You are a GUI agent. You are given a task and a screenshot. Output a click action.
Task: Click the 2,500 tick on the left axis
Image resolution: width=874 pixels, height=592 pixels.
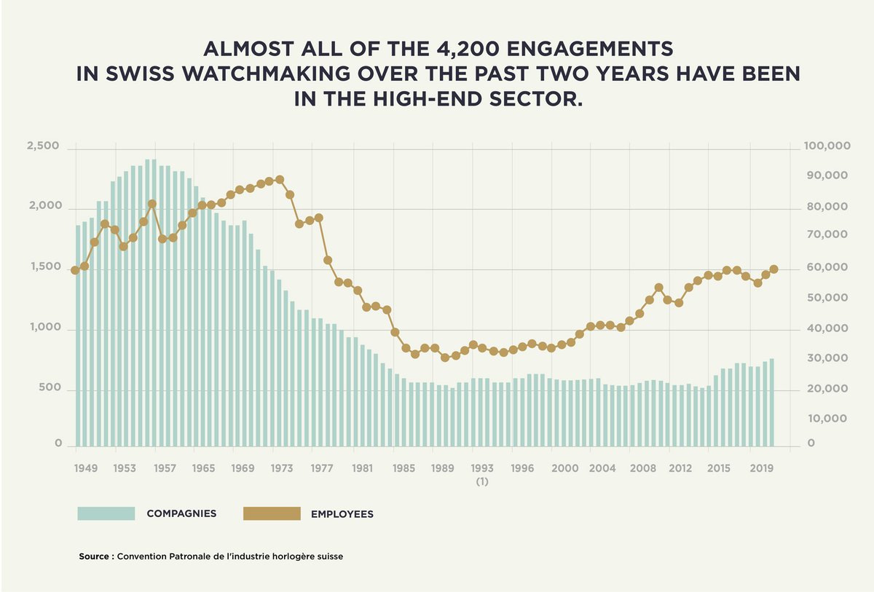pyautogui.click(x=43, y=146)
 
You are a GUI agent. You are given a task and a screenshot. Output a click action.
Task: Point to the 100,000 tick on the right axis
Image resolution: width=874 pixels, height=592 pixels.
pyautogui.click(x=827, y=146)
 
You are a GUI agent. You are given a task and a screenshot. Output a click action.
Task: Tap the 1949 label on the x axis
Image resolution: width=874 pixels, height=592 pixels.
pyautogui.click(x=85, y=467)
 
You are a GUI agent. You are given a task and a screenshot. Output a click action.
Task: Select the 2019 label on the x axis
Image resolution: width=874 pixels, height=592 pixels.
pyautogui.click(x=761, y=467)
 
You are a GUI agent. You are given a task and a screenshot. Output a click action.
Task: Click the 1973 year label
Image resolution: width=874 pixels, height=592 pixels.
pyautogui.click(x=282, y=467)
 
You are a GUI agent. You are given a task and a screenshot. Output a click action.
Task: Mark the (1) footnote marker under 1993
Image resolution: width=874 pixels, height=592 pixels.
pyautogui.click(x=482, y=482)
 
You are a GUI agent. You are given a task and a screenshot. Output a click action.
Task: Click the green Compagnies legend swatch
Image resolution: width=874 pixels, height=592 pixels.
pyautogui.click(x=106, y=513)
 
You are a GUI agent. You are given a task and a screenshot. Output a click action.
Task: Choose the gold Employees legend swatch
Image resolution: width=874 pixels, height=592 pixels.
pyautogui.click(x=272, y=513)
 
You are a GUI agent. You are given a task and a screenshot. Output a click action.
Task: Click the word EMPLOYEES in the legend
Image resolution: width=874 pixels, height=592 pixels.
pyautogui.click(x=342, y=514)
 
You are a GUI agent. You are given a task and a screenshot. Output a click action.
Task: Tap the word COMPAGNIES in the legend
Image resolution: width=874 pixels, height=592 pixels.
pyautogui.click(x=181, y=513)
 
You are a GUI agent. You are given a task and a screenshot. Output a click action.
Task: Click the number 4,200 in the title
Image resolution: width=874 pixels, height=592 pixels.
pyautogui.click(x=474, y=50)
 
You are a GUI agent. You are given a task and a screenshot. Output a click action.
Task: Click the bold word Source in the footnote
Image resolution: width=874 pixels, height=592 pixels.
pyautogui.click(x=94, y=556)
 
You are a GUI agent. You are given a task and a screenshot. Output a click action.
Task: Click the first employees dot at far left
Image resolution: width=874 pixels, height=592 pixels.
pyautogui.click(x=74, y=270)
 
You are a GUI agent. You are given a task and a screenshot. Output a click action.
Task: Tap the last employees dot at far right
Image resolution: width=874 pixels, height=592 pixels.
pyautogui.click(x=774, y=269)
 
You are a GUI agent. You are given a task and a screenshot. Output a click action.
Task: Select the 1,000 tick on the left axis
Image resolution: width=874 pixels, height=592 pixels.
pyautogui.click(x=43, y=328)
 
